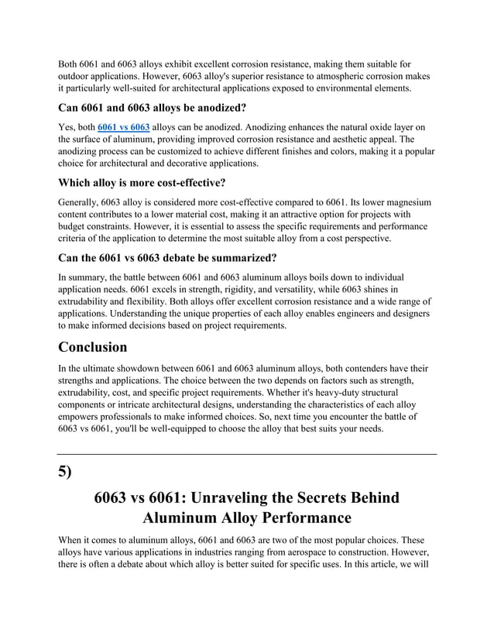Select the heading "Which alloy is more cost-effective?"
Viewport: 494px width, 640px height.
(x=142, y=183)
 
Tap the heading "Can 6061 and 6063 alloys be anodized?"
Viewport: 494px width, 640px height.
(x=153, y=107)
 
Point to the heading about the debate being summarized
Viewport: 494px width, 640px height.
(x=167, y=258)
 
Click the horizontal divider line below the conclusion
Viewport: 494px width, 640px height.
(x=247, y=454)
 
